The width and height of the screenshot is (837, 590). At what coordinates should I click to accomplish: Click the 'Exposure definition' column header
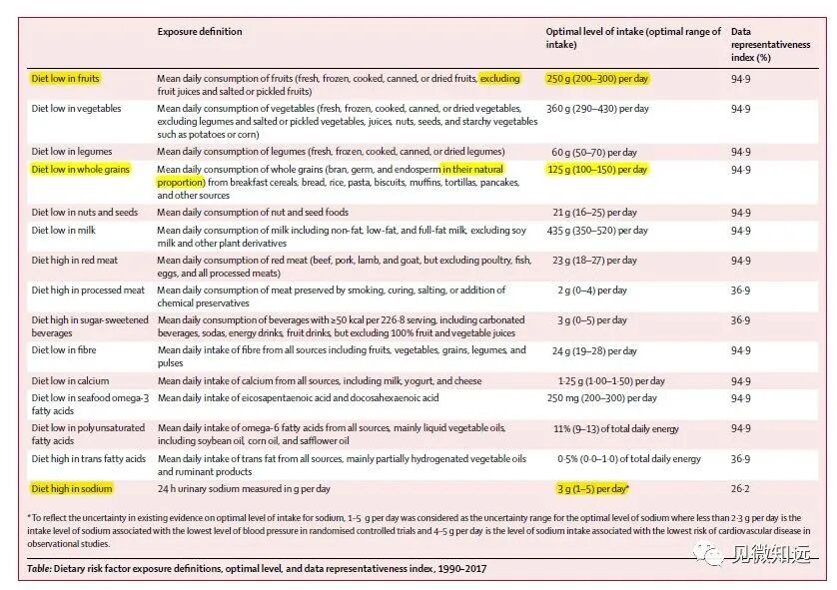[x=200, y=32]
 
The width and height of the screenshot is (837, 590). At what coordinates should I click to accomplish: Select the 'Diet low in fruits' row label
[x=66, y=78]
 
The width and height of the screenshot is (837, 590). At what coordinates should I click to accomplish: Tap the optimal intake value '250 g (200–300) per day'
[x=597, y=78]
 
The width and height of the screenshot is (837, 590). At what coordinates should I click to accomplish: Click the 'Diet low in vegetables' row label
[x=77, y=108]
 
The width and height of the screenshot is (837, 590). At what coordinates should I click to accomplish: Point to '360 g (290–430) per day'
[x=597, y=108]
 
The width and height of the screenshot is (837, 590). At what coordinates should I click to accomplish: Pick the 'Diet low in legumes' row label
[x=71, y=152]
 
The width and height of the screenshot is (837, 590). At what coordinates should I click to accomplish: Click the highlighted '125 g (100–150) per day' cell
[x=597, y=170]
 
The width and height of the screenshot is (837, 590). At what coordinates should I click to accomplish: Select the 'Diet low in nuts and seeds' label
[x=85, y=213]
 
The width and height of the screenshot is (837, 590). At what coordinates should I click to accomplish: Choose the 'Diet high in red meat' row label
[x=75, y=261]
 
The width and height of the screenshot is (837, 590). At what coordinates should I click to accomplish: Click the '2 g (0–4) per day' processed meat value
[x=592, y=291]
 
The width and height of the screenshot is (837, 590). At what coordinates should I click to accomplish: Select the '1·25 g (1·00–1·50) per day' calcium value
[x=611, y=381]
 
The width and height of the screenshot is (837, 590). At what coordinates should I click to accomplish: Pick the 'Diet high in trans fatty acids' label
[x=89, y=459]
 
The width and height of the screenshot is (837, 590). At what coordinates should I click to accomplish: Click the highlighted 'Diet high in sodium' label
[x=71, y=489]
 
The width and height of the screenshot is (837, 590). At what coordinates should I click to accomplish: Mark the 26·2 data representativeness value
[x=740, y=489]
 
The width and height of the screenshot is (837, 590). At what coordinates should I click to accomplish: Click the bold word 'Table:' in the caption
[x=43, y=569]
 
